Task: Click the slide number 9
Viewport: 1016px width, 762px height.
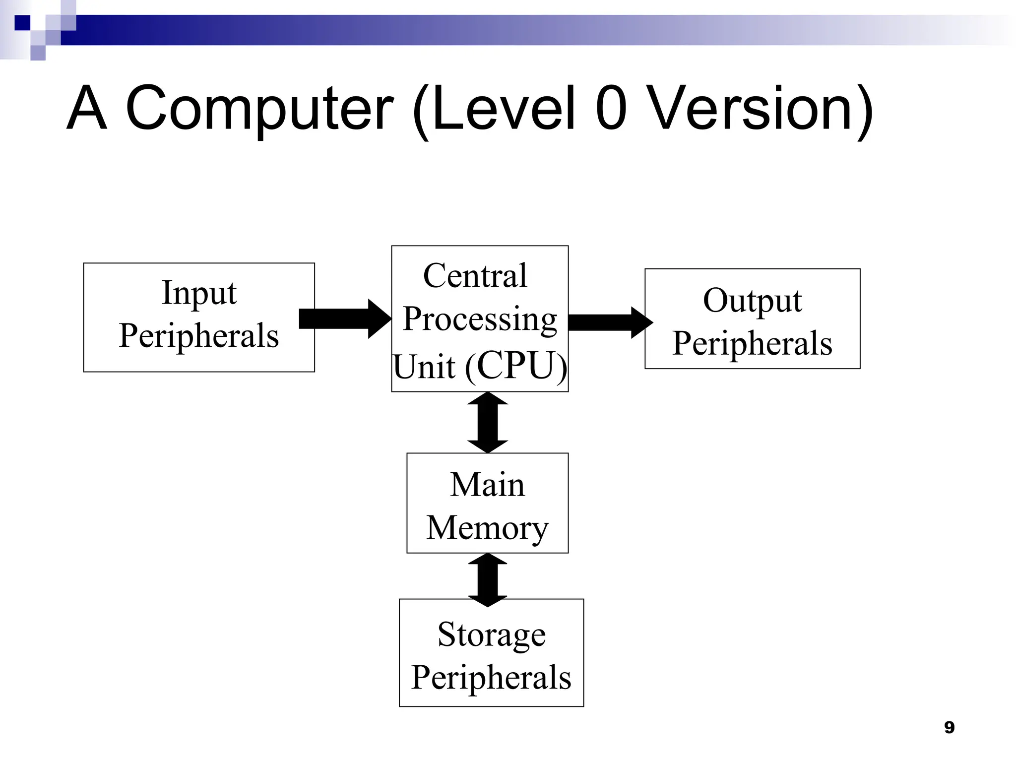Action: (x=949, y=727)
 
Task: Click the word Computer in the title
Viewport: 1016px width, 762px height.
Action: (x=259, y=109)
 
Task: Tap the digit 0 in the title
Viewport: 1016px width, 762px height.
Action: (x=611, y=108)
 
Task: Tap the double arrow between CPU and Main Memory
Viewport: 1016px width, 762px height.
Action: (x=488, y=422)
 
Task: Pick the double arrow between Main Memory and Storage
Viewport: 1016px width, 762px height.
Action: (x=488, y=580)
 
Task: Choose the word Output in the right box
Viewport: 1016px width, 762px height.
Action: (x=752, y=301)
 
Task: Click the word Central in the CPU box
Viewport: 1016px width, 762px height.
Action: (x=475, y=276)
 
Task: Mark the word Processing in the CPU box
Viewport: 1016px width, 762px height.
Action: (x=480, y=319)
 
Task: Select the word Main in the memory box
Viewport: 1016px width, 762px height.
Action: (x=487, y=485)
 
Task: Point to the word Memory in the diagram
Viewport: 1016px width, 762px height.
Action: (x=487, y=528)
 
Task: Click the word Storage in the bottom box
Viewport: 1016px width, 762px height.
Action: (x=491, y=635)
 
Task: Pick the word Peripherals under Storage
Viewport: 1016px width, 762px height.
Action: (x=491, y=678)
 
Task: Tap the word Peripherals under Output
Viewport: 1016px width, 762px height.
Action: (x=752, y=344)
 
